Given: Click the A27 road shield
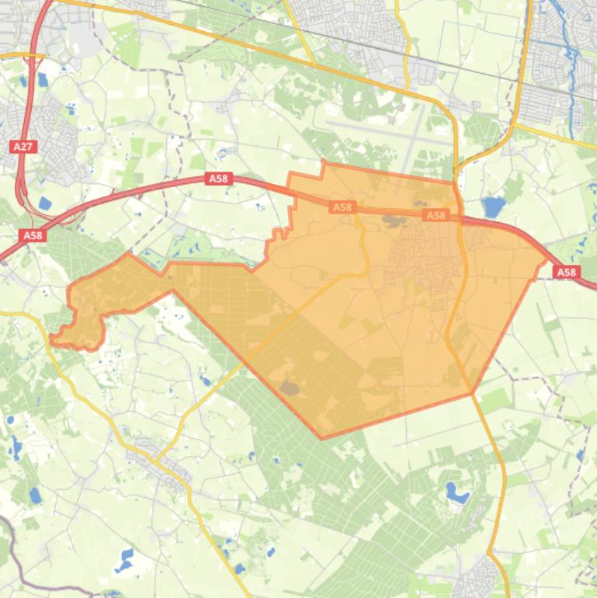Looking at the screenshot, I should click(23, 146).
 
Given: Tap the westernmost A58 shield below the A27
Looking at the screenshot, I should click(33, 235).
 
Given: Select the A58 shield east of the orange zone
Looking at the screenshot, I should click(567, 272).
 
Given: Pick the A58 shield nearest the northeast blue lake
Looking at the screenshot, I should click(436, 215).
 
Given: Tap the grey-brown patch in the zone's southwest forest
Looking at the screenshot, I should click(290, 387).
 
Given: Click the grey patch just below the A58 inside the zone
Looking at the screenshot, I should click(393, 221).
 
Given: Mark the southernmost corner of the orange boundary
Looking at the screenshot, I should click(322, 438).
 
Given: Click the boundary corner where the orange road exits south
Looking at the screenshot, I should click(472, 394).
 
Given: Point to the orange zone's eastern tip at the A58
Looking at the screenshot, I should click(548, 259).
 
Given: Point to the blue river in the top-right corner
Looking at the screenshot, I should click(571, 47).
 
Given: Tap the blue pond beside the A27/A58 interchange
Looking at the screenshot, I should click(45, 204).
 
